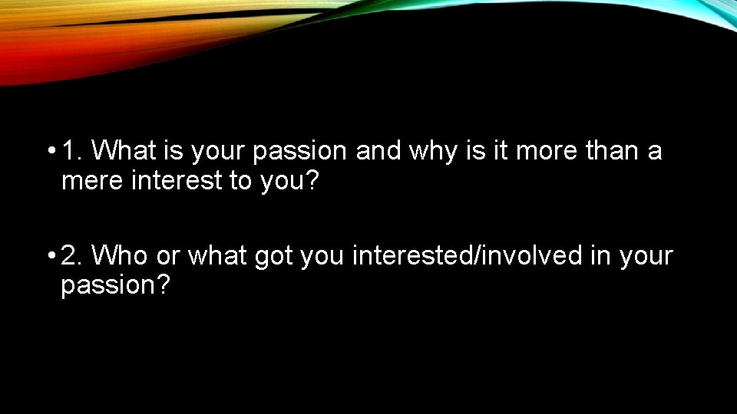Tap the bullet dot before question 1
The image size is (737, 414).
tap(51, 152)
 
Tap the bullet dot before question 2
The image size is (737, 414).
tap(51, 256)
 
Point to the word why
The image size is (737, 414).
tap(435, 152)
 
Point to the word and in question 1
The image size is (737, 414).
tap(379, 152)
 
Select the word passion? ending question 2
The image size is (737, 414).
tap(115, 287)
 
